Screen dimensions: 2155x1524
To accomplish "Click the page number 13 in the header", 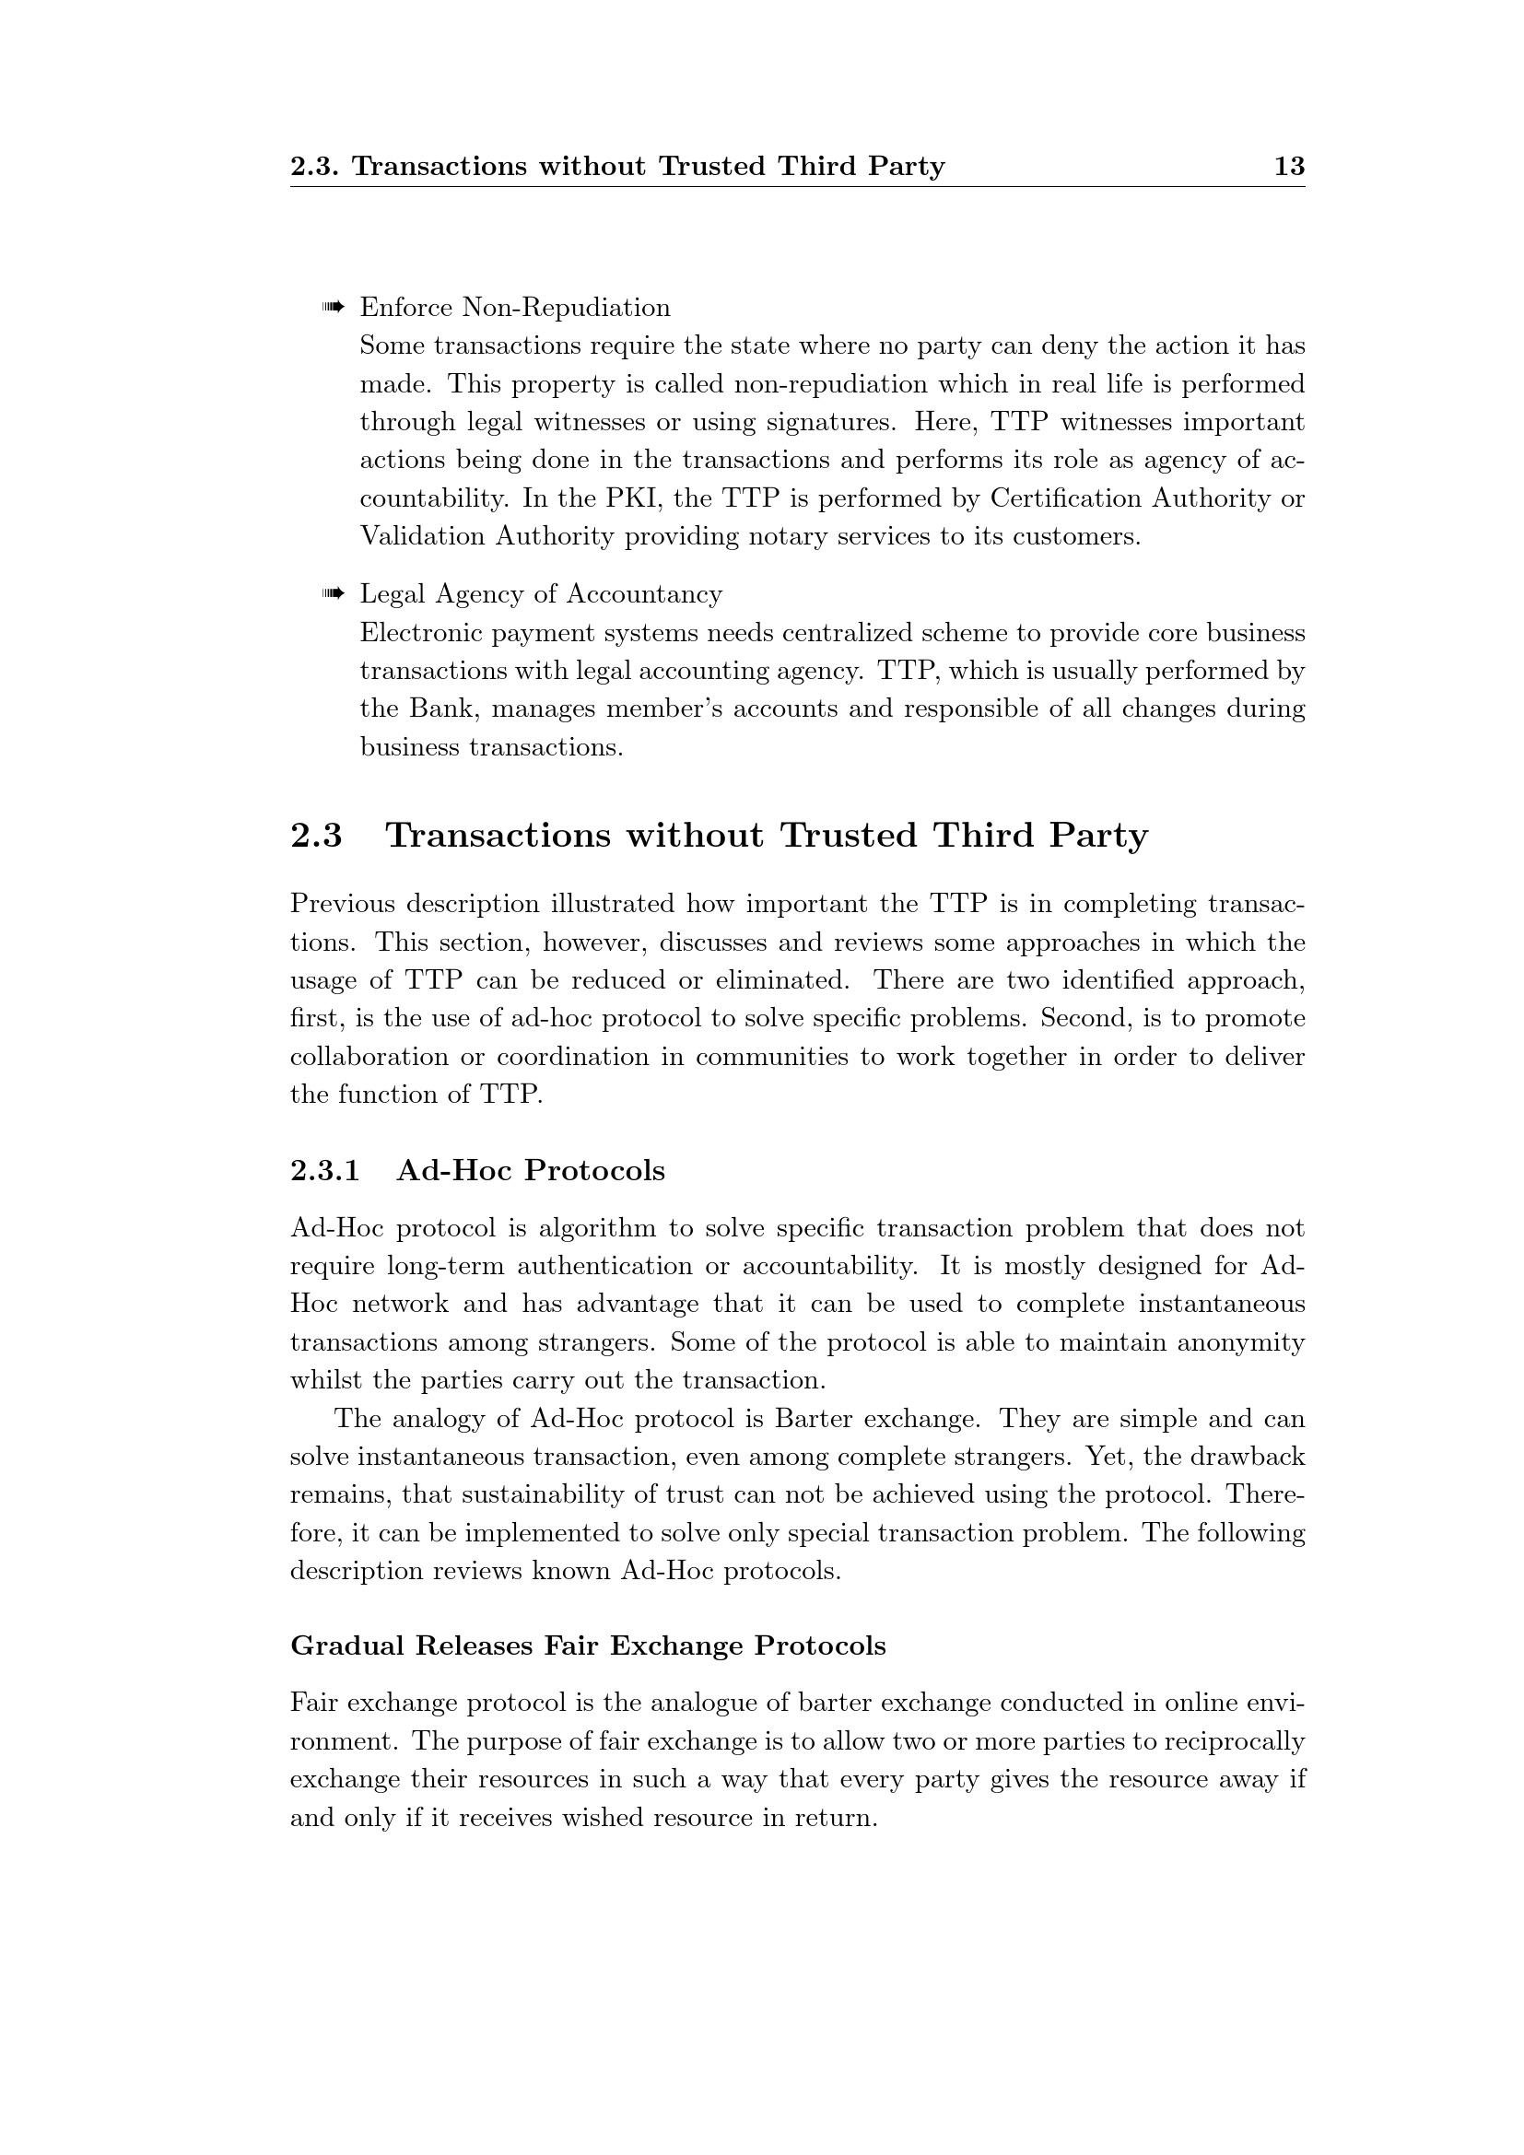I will (1289, 166).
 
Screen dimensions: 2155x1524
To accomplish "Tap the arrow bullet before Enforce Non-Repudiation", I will (334, 307).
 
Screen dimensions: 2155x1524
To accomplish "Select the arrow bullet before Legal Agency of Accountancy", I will (334, 593).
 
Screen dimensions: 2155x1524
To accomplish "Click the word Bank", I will (443, 708).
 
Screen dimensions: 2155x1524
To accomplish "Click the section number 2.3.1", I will (324, 1170).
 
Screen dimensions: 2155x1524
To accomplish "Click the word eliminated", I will (782, 980).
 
